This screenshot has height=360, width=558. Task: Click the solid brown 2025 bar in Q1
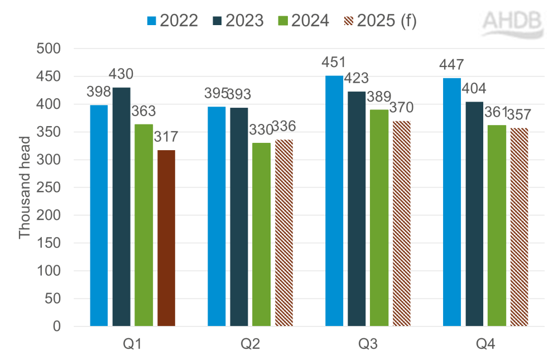(x=166, y=238)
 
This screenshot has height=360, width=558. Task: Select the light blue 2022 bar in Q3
(x=334, y=201)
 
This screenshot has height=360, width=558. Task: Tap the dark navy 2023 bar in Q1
(x=122, y=207)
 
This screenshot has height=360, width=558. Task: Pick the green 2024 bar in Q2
(x=261, y=234)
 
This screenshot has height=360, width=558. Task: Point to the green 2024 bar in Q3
(x=379, y=218)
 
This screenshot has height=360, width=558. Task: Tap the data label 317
(x=166, y=137)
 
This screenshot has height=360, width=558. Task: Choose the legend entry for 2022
(x=172, y=21)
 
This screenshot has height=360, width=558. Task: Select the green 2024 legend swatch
(x=282, y=21)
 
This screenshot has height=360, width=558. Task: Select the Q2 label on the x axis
(x=250, y=345)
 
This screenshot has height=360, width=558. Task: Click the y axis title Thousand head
(x=25, y=188)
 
